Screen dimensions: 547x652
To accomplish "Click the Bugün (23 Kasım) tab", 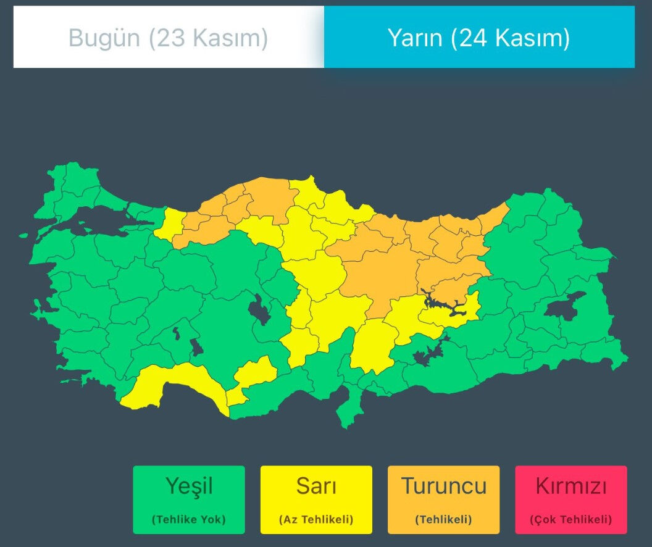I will click(x=168, y=38).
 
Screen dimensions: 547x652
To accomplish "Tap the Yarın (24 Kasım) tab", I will click(x=479, y=38).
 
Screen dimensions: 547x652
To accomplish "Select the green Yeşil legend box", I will click(x=189, y=499).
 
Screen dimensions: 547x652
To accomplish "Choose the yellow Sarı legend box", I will click(x=316, y=499).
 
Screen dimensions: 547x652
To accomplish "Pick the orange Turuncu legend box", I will click(x=443, y=499).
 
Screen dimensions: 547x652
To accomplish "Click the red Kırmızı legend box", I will click(x=571, y=499).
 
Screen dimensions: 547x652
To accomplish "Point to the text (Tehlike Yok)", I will click(x=189, y=519).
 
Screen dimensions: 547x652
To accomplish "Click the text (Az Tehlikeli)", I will click(x=316, y=519).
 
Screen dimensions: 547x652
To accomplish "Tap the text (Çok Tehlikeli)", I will click(x=571, y=519).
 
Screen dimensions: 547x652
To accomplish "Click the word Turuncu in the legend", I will click(x=443, y=486).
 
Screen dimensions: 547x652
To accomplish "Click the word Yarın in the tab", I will click(x=415, y=38).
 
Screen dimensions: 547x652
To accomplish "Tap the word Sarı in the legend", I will click(x=316, y=486).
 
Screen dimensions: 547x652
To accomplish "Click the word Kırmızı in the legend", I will click(x=571, y=486).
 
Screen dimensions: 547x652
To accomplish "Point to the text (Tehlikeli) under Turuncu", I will click(x=443, y=519).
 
